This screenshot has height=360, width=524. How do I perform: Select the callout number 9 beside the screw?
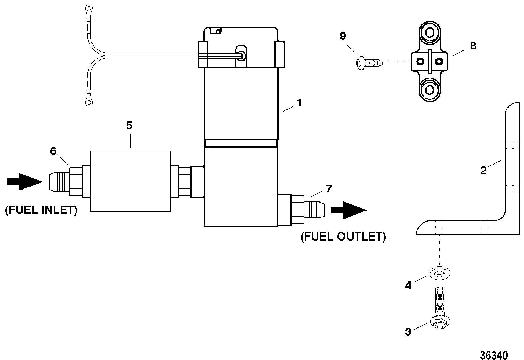[343, 36]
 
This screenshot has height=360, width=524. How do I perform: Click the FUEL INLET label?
[41, 210]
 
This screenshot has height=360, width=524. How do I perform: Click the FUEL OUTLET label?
[343, 236]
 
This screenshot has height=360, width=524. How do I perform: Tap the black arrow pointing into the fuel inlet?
[25, 182]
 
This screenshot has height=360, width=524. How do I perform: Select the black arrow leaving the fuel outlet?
[349, 210]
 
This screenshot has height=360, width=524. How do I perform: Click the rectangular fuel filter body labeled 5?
[131, 181]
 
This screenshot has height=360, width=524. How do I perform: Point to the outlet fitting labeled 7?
[301, 209]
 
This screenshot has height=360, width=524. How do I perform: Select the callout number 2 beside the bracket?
[483, 170]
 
